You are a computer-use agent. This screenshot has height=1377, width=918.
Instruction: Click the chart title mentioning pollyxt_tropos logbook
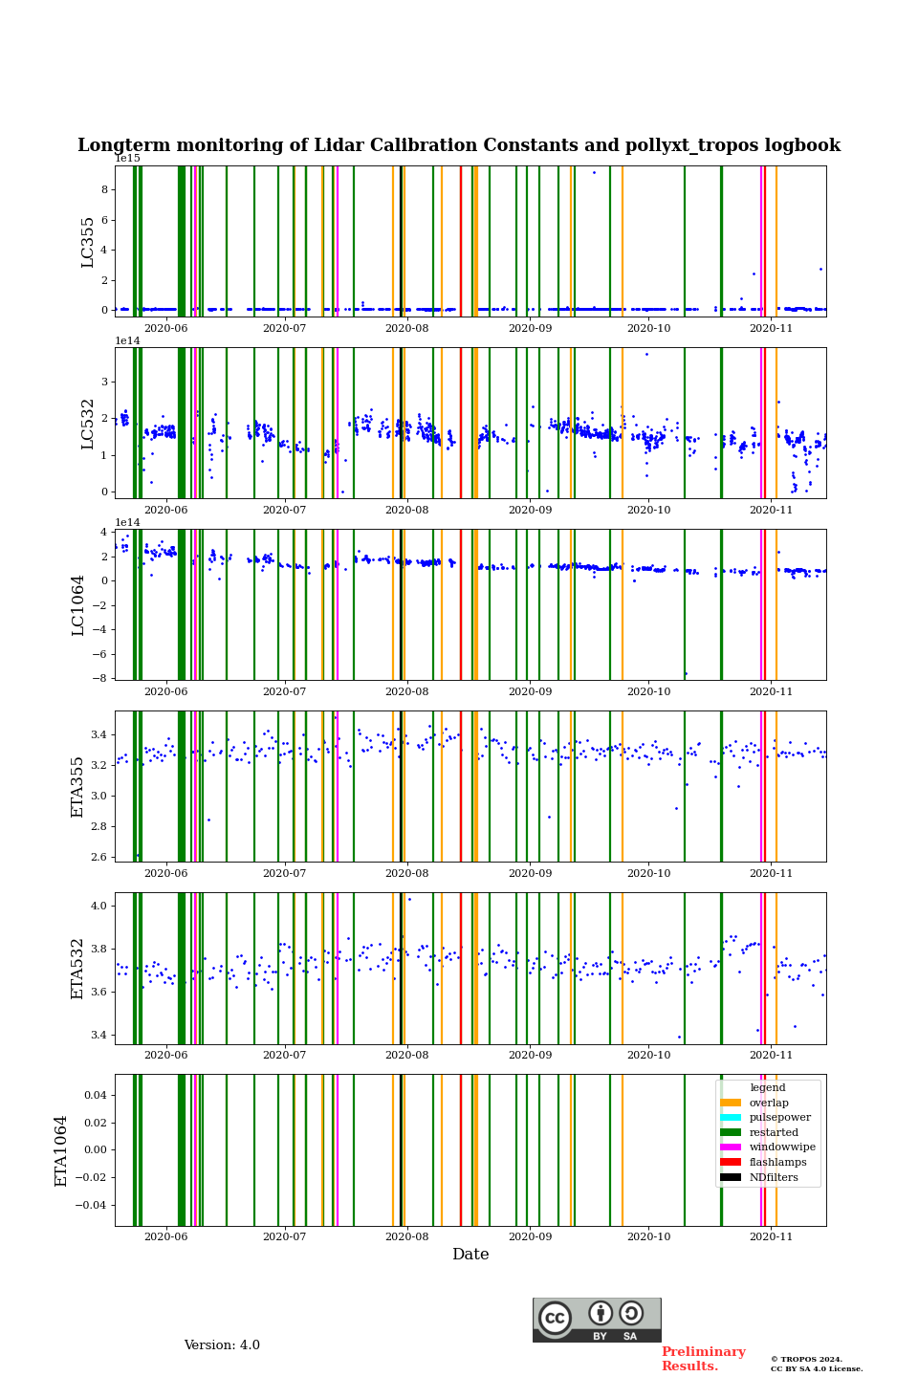459,145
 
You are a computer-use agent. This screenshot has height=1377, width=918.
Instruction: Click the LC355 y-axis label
88,242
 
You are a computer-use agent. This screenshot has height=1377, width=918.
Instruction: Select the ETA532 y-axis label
78,969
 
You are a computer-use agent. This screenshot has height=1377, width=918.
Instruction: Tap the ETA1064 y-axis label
61,1150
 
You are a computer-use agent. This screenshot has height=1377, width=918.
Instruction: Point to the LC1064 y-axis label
78,605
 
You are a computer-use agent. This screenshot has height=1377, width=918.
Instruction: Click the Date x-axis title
470,1255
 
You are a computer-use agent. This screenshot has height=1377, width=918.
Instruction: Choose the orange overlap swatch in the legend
731,1103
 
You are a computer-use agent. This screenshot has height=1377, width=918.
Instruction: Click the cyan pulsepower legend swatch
731,1118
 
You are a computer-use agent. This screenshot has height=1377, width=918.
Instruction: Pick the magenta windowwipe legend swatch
731,1147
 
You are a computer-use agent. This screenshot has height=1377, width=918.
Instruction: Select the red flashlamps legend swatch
731,1163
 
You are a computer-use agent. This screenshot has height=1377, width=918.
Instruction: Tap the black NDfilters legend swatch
731,1177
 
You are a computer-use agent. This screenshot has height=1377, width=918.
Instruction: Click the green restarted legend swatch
731,1132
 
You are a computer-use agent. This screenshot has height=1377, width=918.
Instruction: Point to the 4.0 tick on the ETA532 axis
98,906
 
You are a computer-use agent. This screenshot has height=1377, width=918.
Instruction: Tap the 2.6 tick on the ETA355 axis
98,857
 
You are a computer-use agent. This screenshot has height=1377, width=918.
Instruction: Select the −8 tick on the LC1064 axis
99,678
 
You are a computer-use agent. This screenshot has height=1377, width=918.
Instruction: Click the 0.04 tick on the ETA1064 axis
93,1095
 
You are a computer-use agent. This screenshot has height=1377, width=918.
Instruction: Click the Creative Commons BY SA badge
597,1320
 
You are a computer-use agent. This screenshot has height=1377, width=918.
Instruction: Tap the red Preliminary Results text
704,1359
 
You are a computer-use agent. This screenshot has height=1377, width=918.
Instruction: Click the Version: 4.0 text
222,1345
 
